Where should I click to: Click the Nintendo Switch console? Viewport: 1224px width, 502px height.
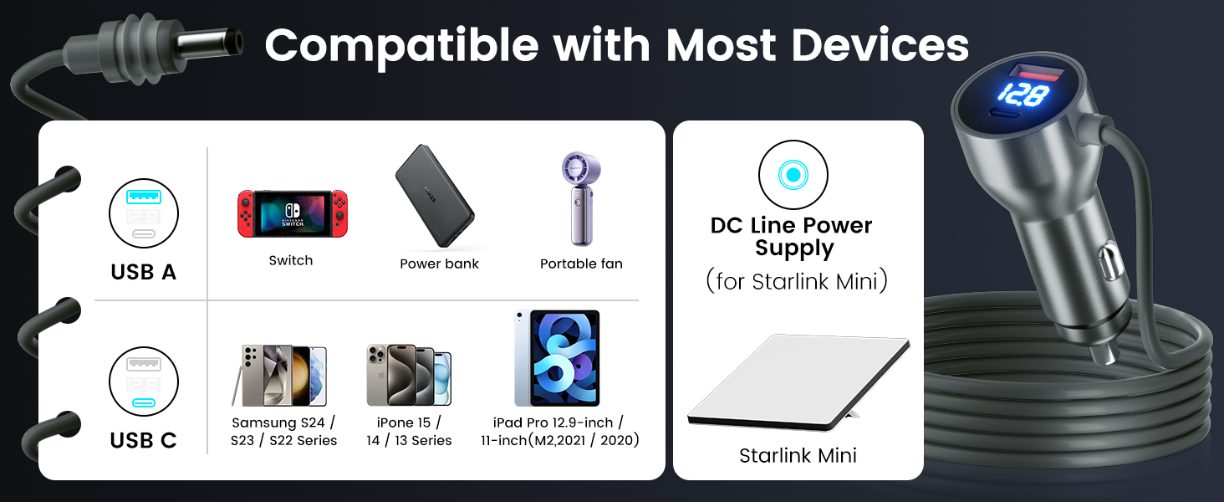click(293, 214)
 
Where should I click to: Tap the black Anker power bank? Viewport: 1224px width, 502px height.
click(435, 196)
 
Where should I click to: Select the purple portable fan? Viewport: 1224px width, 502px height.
click(581, 198)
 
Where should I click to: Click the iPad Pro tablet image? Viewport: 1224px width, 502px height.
click(558, 358)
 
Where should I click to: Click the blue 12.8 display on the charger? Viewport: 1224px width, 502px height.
click(1023, 94)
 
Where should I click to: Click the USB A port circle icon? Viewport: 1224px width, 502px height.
click(144, 213)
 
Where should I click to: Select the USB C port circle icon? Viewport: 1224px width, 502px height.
click(144, 382)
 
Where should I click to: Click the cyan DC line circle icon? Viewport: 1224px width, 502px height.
click(793, 174)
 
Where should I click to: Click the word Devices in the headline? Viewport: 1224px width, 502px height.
click(880, 45)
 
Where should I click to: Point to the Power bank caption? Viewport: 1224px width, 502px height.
click(439, 264)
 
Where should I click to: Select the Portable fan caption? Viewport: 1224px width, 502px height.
click(581, 264)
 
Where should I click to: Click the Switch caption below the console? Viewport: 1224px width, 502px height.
click(291, 260)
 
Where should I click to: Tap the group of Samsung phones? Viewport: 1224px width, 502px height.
click(279, 376)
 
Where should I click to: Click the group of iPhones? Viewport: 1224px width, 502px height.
click(409, 375)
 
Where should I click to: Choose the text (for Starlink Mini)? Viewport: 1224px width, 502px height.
click(797, 281)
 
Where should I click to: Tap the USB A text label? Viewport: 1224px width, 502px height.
click(143, 272)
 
